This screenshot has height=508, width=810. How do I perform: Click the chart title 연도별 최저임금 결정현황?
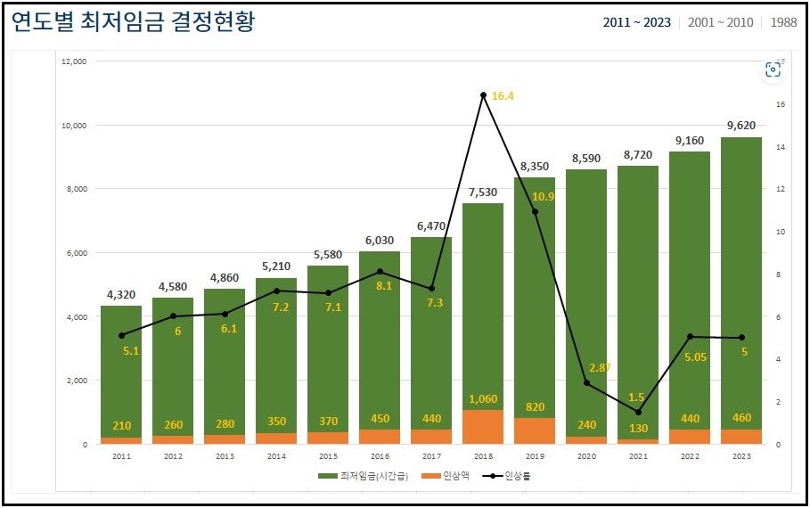(x=134, y=22)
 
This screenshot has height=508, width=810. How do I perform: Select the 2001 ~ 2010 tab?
(x=720, y=22)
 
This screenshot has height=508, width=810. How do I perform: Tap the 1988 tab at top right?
(x=784, y=22)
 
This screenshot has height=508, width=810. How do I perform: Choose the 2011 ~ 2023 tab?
(x=636, y=22)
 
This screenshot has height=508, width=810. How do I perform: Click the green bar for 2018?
(x=482, y=303)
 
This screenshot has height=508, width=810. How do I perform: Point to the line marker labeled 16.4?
(x=483, y=94)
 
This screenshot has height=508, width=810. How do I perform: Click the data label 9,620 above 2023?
(x=740, y=126)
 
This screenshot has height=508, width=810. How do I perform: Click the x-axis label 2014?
(x=275, y=455)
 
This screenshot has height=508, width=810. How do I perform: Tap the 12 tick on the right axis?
(x=780, y=190)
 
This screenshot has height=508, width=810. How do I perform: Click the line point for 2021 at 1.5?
(x=638, y=412)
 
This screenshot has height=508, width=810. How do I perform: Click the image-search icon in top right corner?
(x=773, y=70)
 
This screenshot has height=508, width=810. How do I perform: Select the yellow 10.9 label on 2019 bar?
(x=543, y=196)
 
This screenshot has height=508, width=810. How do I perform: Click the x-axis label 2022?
(x=689, y=455)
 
